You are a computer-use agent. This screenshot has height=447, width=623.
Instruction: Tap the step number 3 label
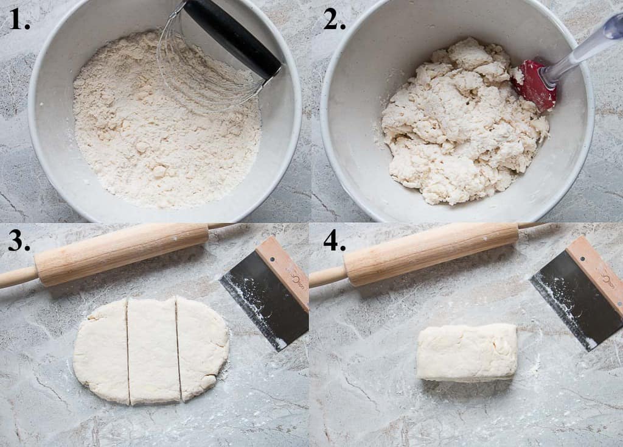19,241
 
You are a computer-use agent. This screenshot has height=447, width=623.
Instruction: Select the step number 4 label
334,241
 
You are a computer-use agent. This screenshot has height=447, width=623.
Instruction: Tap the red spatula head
534,85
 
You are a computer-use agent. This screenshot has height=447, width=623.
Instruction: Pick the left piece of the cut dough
102,351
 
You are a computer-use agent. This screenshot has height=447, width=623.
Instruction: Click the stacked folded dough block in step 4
467,352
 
